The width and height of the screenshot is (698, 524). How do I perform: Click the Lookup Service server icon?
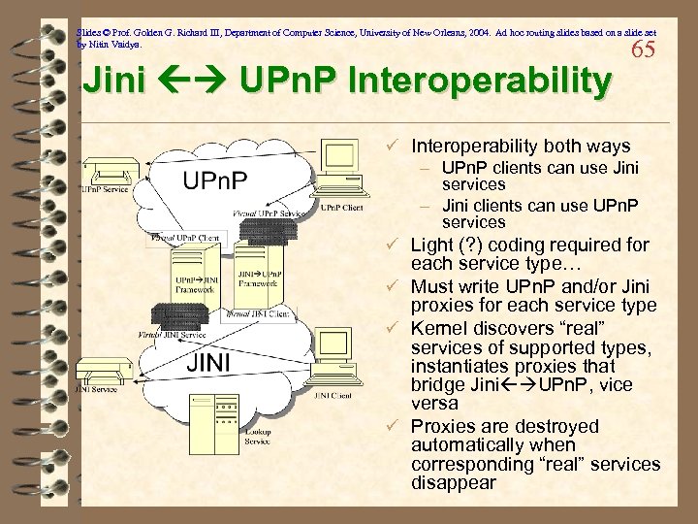[x=256, y=402]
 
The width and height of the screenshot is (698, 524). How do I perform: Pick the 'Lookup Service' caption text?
[x=257, y=437]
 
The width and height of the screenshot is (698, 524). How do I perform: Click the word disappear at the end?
[x=454, y=482]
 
